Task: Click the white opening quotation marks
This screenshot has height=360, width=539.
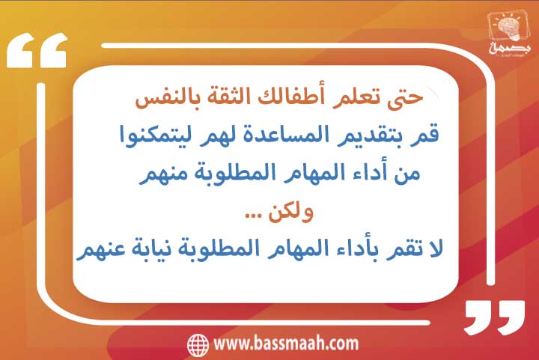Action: [37, 50]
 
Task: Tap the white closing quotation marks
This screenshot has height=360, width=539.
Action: [495, 317]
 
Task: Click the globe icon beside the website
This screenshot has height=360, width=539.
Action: [198, 344]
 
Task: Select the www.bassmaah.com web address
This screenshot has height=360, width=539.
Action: [286, 344]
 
